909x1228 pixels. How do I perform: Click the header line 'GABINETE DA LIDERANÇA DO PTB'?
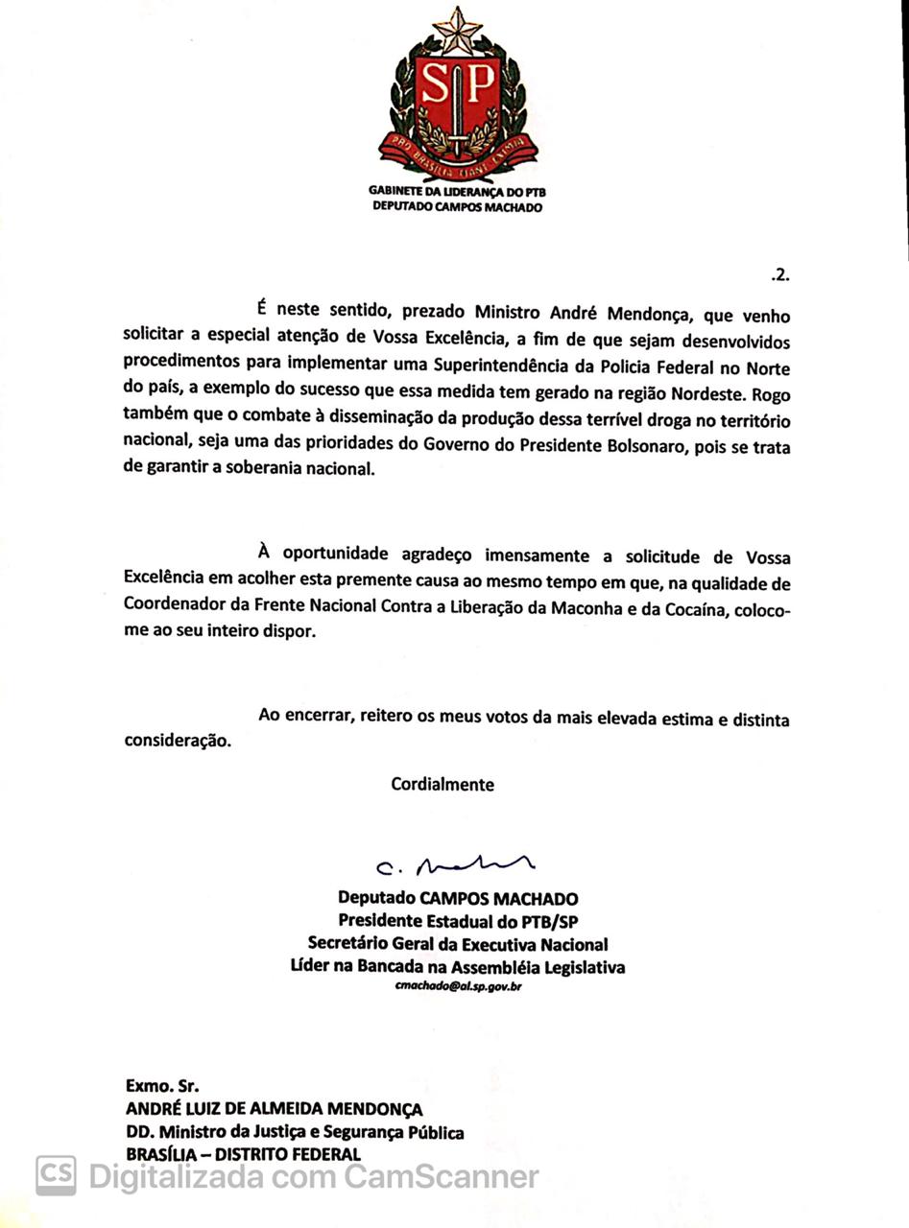457,192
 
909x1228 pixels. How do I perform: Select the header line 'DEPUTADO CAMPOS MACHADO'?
457,206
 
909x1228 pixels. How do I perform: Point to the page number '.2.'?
779,275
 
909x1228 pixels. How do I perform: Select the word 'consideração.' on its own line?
178,742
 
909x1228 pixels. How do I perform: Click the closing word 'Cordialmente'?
443,784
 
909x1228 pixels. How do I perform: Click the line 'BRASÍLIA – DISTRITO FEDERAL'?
243,1154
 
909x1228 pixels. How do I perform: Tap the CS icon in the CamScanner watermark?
56,1175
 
